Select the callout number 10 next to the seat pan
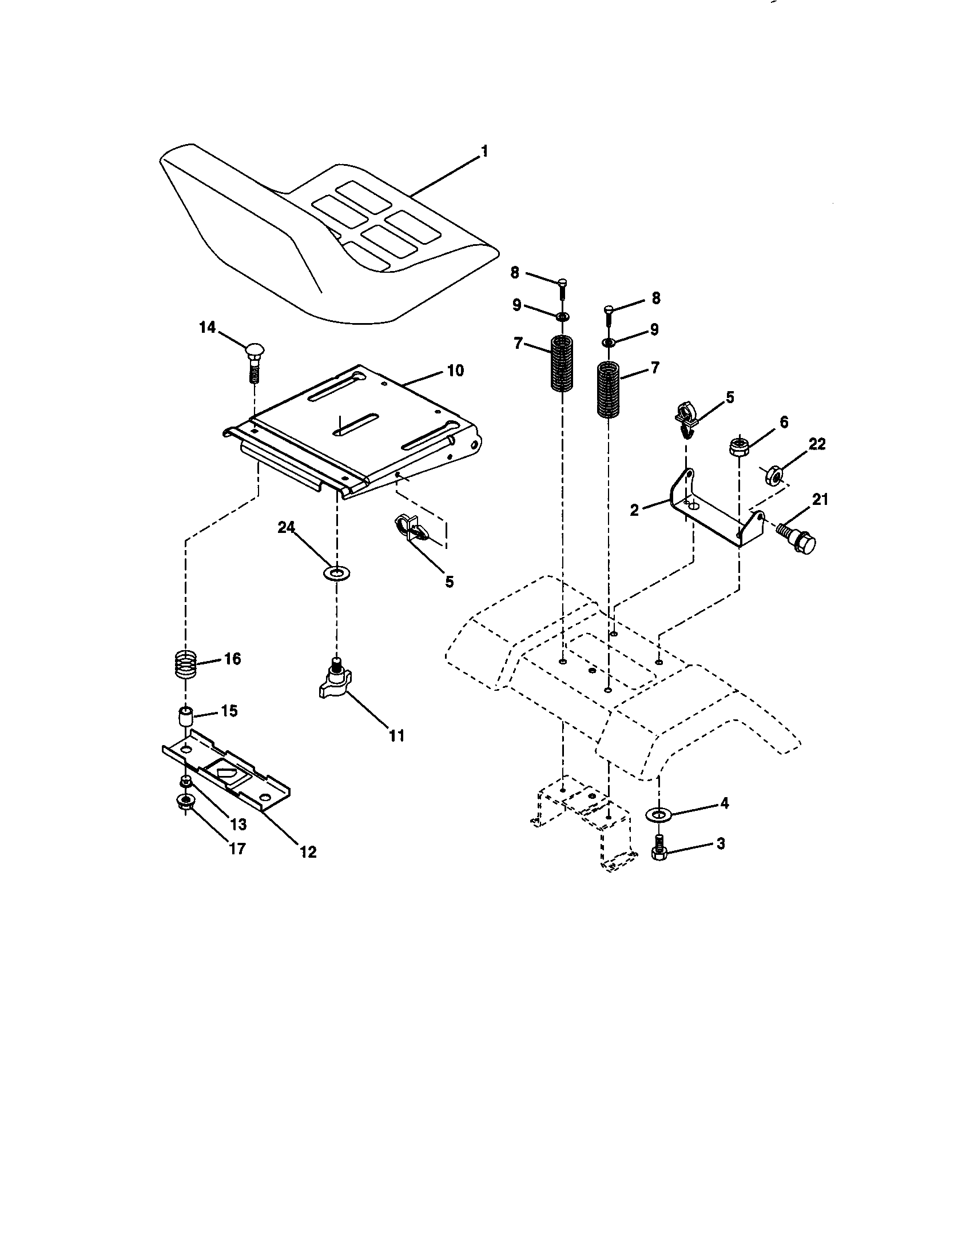tap(455, 371)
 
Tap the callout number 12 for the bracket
tap(308, 852)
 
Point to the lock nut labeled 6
tap(738, 447)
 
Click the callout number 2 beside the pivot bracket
tap(634, 509)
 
